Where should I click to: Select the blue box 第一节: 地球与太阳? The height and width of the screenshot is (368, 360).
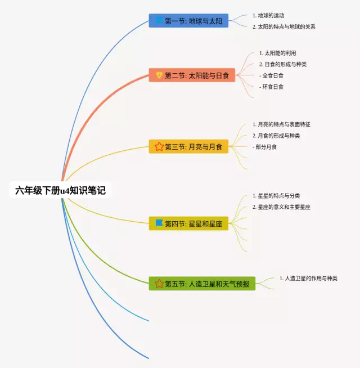188,21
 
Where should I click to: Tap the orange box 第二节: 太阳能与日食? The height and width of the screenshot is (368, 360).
192,75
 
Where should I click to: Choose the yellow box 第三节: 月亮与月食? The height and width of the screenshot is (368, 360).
188,147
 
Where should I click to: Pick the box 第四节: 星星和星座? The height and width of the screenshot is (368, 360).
188,223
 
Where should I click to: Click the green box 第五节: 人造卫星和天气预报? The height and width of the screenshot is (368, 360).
202,283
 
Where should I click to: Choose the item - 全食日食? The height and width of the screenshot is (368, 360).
272,75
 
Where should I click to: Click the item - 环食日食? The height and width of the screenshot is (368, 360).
272,87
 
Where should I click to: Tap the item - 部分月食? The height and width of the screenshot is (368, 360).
265,147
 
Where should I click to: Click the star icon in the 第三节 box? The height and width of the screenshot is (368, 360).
159,147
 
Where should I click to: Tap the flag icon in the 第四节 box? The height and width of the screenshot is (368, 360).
159,223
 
